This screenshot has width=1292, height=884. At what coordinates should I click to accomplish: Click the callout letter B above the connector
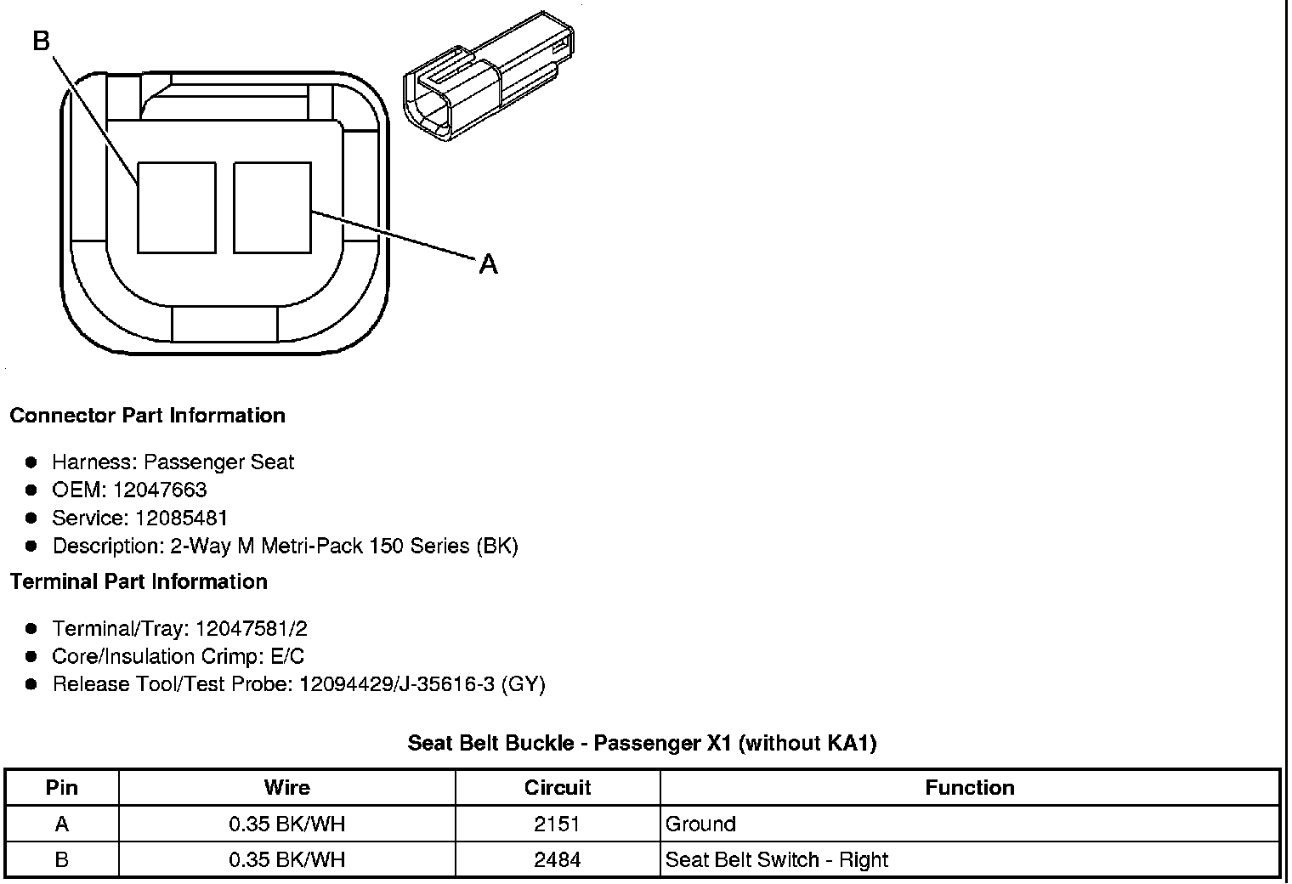(42, 40)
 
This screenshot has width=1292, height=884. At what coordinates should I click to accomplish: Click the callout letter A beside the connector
(488, 265)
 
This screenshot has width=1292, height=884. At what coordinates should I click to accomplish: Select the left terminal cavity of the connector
(176, 208)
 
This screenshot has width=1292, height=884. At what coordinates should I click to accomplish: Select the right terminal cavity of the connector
(272, 208)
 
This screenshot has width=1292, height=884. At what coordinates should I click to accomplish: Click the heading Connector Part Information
(147, 416)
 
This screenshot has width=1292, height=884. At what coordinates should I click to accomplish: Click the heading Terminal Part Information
(139, 582)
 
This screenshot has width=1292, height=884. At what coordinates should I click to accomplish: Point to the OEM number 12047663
(159, 490)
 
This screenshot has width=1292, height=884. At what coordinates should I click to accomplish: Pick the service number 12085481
(181, 518)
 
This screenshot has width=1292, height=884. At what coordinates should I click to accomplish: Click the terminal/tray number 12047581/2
(251, 629)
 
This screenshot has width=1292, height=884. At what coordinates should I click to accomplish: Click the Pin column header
(61, 788)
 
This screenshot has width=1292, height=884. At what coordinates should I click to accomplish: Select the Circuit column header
(558, 788)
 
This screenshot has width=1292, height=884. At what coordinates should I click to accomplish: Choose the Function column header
(969, 788)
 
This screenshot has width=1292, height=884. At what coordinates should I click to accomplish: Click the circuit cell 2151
(558, 824)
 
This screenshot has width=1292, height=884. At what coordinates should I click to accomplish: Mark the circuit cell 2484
(558, 860)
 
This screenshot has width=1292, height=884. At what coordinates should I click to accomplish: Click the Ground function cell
(700, 824)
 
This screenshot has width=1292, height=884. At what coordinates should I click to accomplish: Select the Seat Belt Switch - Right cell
(776, 860)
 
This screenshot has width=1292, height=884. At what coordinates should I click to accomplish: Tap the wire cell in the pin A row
(287, 824)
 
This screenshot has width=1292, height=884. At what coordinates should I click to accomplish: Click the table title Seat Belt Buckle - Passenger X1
(642, 744)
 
